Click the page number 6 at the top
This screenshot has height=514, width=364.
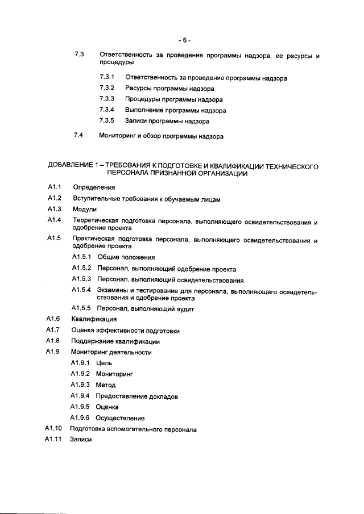coord(183,40)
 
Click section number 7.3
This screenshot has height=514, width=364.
coord(79,55)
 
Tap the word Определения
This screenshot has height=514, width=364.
coord(94,187)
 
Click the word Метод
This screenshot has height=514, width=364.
coord(106,386)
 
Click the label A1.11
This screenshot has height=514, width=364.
coord(52,440)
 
